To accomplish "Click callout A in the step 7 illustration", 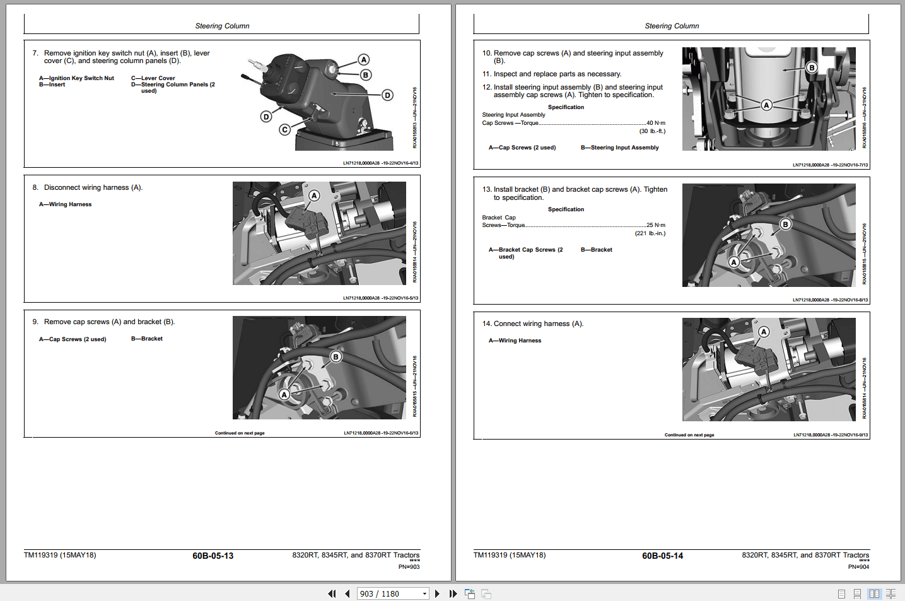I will [364, 60].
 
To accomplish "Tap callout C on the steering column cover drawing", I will [285, 130].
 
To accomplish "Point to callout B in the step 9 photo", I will [336, 357].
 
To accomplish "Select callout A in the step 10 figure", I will [766, 105].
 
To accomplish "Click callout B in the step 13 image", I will [785, 225].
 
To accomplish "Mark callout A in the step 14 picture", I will [764, 332].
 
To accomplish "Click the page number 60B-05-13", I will [213, 556].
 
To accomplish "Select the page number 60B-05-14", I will [662, 556].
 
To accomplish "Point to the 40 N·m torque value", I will [655, 123].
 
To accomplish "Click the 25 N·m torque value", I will [655, 225].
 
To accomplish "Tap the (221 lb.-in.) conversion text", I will [650, 233].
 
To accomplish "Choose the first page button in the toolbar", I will [332, 593].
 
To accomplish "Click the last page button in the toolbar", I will [453, 593].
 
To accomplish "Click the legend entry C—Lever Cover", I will [153, 78].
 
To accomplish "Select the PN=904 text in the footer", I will [858, 567].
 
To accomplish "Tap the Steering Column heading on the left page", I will [222, 26].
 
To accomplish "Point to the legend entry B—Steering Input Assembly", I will [619, 148].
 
